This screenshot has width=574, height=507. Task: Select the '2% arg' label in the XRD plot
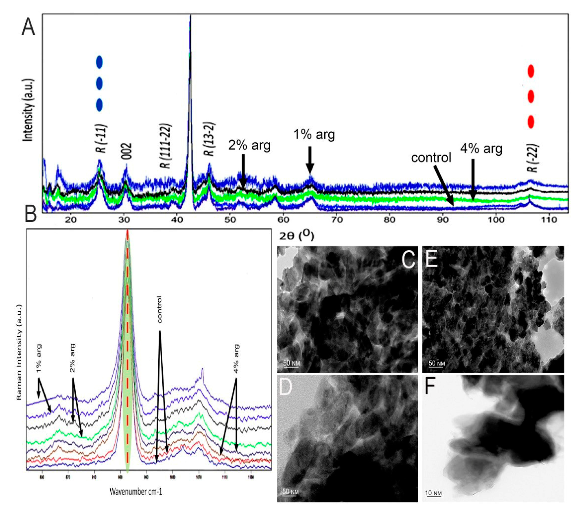pyautogui.click(x=249, y=145)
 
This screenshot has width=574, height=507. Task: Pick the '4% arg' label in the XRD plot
pyautogui.click(x=481, y=149)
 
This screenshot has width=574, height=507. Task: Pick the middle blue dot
pyautogui.click(x=99, y=84)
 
